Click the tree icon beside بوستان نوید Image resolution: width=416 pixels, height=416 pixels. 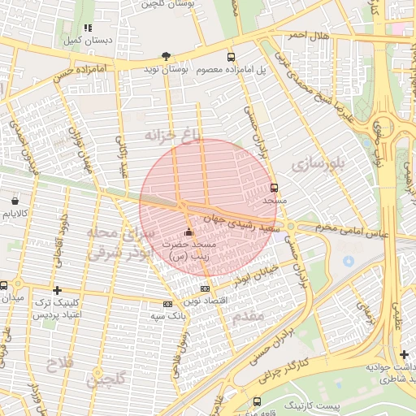coord(166,57)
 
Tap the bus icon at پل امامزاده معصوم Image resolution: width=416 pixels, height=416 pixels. coord(232,57)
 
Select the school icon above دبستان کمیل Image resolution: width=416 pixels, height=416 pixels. coord(88,28)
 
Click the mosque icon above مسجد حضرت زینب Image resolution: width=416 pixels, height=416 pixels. coord(189,232)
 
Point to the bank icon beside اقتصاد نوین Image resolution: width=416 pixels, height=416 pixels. coord(205,288)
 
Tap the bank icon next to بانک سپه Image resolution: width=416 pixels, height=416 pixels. coord(167,304)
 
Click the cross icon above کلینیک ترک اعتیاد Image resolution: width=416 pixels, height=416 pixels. coord(56,290)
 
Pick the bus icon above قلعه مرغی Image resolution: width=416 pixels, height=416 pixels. coord(257,401)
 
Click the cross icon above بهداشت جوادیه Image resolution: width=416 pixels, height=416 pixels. coord(404,353)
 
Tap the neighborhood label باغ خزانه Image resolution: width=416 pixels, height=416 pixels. coord(171,134)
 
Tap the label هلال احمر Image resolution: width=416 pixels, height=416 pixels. coord(305,35)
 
